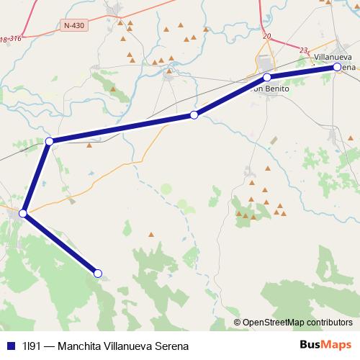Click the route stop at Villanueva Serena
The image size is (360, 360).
coord(337,67)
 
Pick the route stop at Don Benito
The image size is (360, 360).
coord(266,77)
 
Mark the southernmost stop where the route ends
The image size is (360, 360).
coord(98,273)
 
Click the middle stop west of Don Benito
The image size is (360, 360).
coord(194,115)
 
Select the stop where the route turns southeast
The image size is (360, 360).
coord(23,213)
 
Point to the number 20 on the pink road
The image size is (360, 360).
coord(267,35)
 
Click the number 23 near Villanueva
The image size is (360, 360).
coord(304,50)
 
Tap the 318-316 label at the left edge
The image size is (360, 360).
coord(9,39)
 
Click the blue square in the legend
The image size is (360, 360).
coord(10,346)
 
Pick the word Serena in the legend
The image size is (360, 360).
coord(172,346)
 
